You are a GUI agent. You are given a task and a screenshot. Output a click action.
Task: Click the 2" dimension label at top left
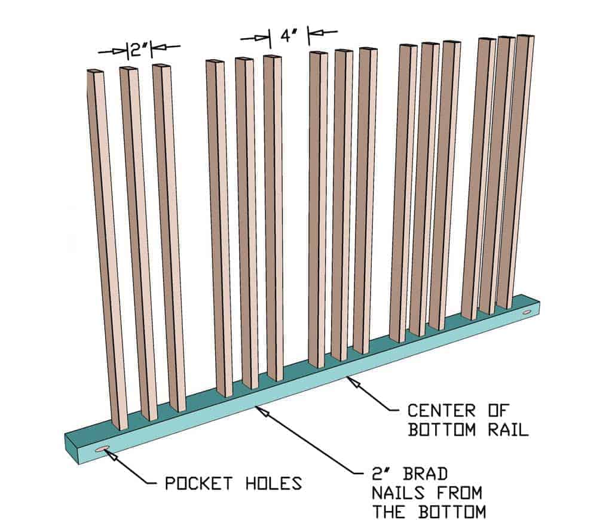(x=139, y=49)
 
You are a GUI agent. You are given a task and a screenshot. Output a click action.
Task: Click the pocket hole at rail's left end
(x=102, y=449)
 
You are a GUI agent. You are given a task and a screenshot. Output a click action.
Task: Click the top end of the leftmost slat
(x=95, y=72)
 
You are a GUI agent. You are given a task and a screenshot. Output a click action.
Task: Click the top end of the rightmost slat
(x=525, y=36)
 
